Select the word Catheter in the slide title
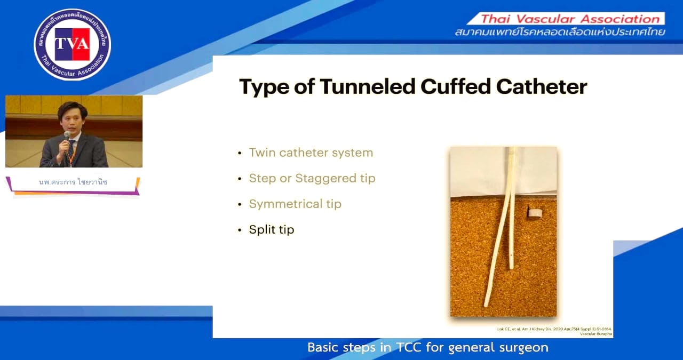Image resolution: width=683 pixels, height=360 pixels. click(545, 87)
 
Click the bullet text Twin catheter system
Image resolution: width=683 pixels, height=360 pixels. click(311, 153)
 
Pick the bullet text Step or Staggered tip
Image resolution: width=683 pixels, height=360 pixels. click(312, 178)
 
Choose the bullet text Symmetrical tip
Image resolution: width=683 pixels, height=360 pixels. click(295, 204)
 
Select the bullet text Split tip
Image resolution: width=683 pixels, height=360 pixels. click(271, 229)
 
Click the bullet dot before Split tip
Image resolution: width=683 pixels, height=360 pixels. click(240, 230)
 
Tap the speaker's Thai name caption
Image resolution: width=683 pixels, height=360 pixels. click(73, 182)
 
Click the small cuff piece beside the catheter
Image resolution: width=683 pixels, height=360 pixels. click(534, 213)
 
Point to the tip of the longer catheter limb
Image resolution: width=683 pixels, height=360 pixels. click(486, 304)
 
